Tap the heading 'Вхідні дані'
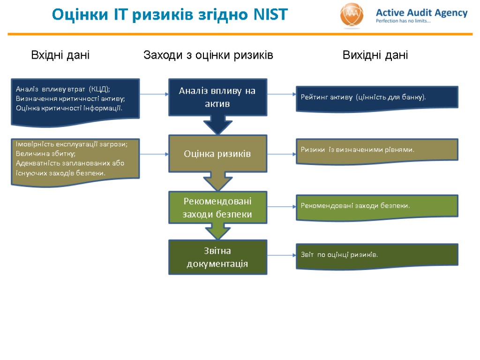60,55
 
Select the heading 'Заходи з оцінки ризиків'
208,55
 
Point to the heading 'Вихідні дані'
375,55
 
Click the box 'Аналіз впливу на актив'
217,97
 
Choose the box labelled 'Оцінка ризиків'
217,153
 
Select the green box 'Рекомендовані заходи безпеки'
217,207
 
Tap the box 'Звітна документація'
217,257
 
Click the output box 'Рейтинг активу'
377,97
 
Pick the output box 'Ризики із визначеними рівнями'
377,150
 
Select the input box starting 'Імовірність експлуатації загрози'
75,158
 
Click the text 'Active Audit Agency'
421,13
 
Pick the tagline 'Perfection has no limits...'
403,21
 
